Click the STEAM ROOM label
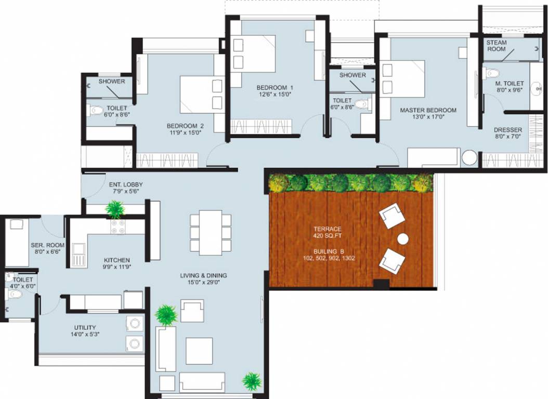(x=497, y=46)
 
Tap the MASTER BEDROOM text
(x=428, y=110)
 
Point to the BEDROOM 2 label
(x=185, y=126)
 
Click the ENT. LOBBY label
(x=125, y=184)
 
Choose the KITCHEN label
(x=116, y=260)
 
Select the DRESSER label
(x=508, y=130)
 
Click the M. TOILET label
(x=509, y=84)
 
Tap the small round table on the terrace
(x=403, y=239)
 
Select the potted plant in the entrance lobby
(x=114, y=209)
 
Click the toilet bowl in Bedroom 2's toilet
(x=96, y=110)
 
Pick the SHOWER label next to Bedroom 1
(x=353, y=75)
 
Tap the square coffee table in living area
(x=199, y=351)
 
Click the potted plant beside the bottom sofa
(x=251, y=381)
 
